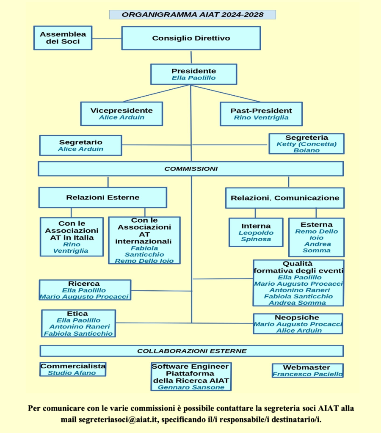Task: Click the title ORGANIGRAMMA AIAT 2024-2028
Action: (193, 14)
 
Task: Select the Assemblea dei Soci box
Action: (63, 38)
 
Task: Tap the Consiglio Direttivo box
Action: (191, 38)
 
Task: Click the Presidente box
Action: (193, 74)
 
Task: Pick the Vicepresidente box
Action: (121, 113)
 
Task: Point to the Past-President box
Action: (261, 113)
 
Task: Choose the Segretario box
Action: (80, 145)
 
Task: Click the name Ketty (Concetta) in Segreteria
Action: (306, 144)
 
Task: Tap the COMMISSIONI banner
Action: (190, 168)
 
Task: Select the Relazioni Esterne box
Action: (102, 197)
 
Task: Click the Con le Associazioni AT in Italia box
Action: (72, 237)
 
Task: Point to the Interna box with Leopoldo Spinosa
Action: (256, 232)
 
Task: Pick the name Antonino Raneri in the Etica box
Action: (79, 326)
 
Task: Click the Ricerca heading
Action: (84, 284)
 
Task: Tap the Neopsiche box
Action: (298, 324)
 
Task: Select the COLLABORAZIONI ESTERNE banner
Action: (191, 351)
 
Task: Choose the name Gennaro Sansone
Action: (190, 387)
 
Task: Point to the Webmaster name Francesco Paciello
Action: (307, 374)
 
